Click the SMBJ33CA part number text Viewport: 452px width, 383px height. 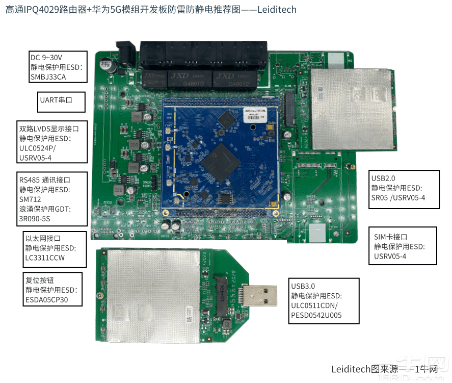click(x=48, y=78)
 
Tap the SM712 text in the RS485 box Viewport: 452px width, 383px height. click(x=30, y=200)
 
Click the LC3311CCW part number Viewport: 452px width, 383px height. click(x=45, y=258)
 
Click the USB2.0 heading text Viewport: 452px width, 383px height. click(x=383, y=178)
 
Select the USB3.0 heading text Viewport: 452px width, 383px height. click(x=303, y=286)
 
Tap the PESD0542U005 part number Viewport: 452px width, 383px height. click(x=316, y=315)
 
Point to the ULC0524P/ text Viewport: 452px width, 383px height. click(x=37, y=148)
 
